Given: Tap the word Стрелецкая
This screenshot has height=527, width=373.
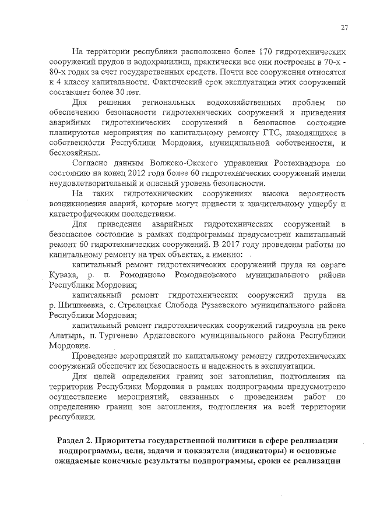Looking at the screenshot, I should coord(143,305).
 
